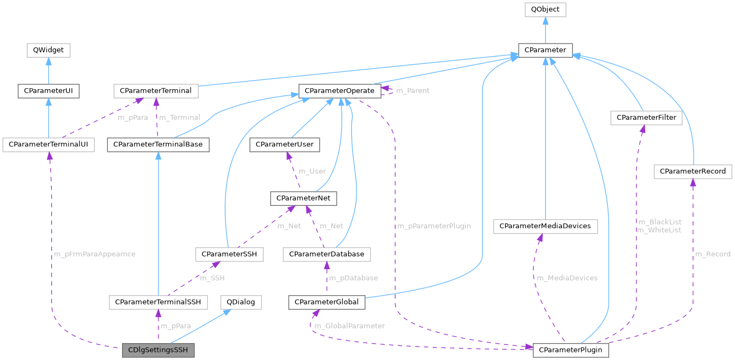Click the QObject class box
pyautogui.click(x=545, y=10)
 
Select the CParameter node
pyautogui.click(x=545, y=51)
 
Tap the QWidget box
pyautogui.click(x=48, y=50)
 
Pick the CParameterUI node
pyautogui.click(x=48, y=90)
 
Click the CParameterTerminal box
pyautogui.click(x=155, y=90)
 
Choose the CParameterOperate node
pyautogui.click(x=339, y=90)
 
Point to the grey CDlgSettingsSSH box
pyautogui.click(x=157, y=350)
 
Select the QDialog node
pyautogui.click(x=240, y=302)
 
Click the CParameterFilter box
pyautogui.click(x=646, y=117)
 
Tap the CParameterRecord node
pyautogui.click(x=693, y=172)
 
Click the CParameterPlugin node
pyautogui.click(x=570, y=350)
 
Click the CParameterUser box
pyautogui.click(x=284, y=145)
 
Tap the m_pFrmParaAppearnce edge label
pyautogui.click(x=94, y=254)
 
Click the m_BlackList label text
pyautogui.click(x=659, y=222)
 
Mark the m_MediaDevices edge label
pyautogui.click(x=567, y=278)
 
